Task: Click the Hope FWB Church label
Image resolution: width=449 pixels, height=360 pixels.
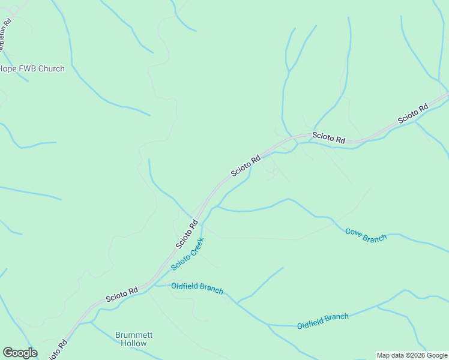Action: (x=31, y=68)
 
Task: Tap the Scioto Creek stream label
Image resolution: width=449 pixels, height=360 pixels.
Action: (x=187, y=254)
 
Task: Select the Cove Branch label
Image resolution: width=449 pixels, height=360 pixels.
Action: (x=366, y=235)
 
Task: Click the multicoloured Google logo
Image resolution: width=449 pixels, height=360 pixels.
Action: (x=20, y=353)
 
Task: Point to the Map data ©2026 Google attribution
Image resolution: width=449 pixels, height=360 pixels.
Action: (x=412, y=355)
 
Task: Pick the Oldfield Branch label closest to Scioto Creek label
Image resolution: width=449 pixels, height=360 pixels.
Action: (x=197, y=288)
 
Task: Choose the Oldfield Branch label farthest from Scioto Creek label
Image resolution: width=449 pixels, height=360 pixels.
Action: (x=322, y=321)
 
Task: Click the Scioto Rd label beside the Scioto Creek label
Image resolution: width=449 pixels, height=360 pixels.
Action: (x=187, y=234)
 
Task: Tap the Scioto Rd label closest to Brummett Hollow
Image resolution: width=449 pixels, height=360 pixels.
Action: (x=122, y=294)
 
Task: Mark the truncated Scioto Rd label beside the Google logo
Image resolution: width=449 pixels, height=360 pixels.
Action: (x=58, y=350)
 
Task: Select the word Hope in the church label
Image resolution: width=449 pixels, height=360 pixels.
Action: (x=7, y=68)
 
